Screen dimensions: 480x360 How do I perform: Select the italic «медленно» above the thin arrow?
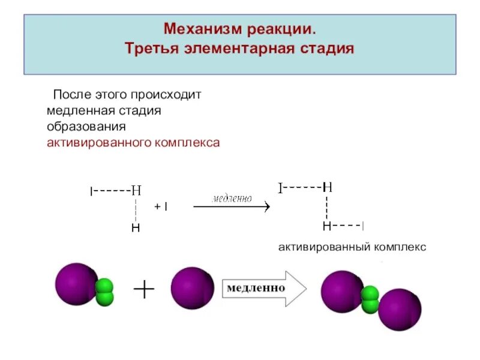[232, 198]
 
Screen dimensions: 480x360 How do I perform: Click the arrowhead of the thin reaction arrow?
[267, 206]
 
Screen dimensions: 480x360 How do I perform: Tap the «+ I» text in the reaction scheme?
[161, 206]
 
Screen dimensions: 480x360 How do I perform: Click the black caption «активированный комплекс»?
[352, 247]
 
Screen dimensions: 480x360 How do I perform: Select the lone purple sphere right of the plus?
[192, 287]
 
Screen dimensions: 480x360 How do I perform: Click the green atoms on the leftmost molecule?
[105, 292]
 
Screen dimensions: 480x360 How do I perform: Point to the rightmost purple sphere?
[399, 310]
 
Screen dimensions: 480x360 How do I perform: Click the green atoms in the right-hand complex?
[370, 299]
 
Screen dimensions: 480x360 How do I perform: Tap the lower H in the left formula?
[136, 229]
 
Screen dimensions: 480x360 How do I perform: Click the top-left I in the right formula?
[280, 188]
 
